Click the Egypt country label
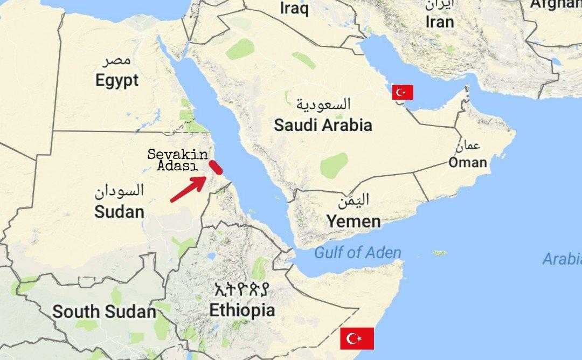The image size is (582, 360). [x=117, y=81]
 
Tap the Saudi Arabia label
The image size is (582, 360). [x=323, y=126]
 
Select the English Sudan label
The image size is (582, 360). [x=119, y=211]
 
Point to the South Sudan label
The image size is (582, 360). [x=104, y=311]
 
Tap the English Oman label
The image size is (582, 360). [x=468, y=162]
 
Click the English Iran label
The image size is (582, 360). [x=439, y=22]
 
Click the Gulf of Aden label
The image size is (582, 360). [x=357, y=252]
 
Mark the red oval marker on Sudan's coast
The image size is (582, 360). [x=216, y=167]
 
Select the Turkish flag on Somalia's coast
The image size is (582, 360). [x=357, y=338]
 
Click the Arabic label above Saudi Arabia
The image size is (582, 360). [x=323, y=103]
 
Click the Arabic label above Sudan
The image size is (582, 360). [x=120, y=191]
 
